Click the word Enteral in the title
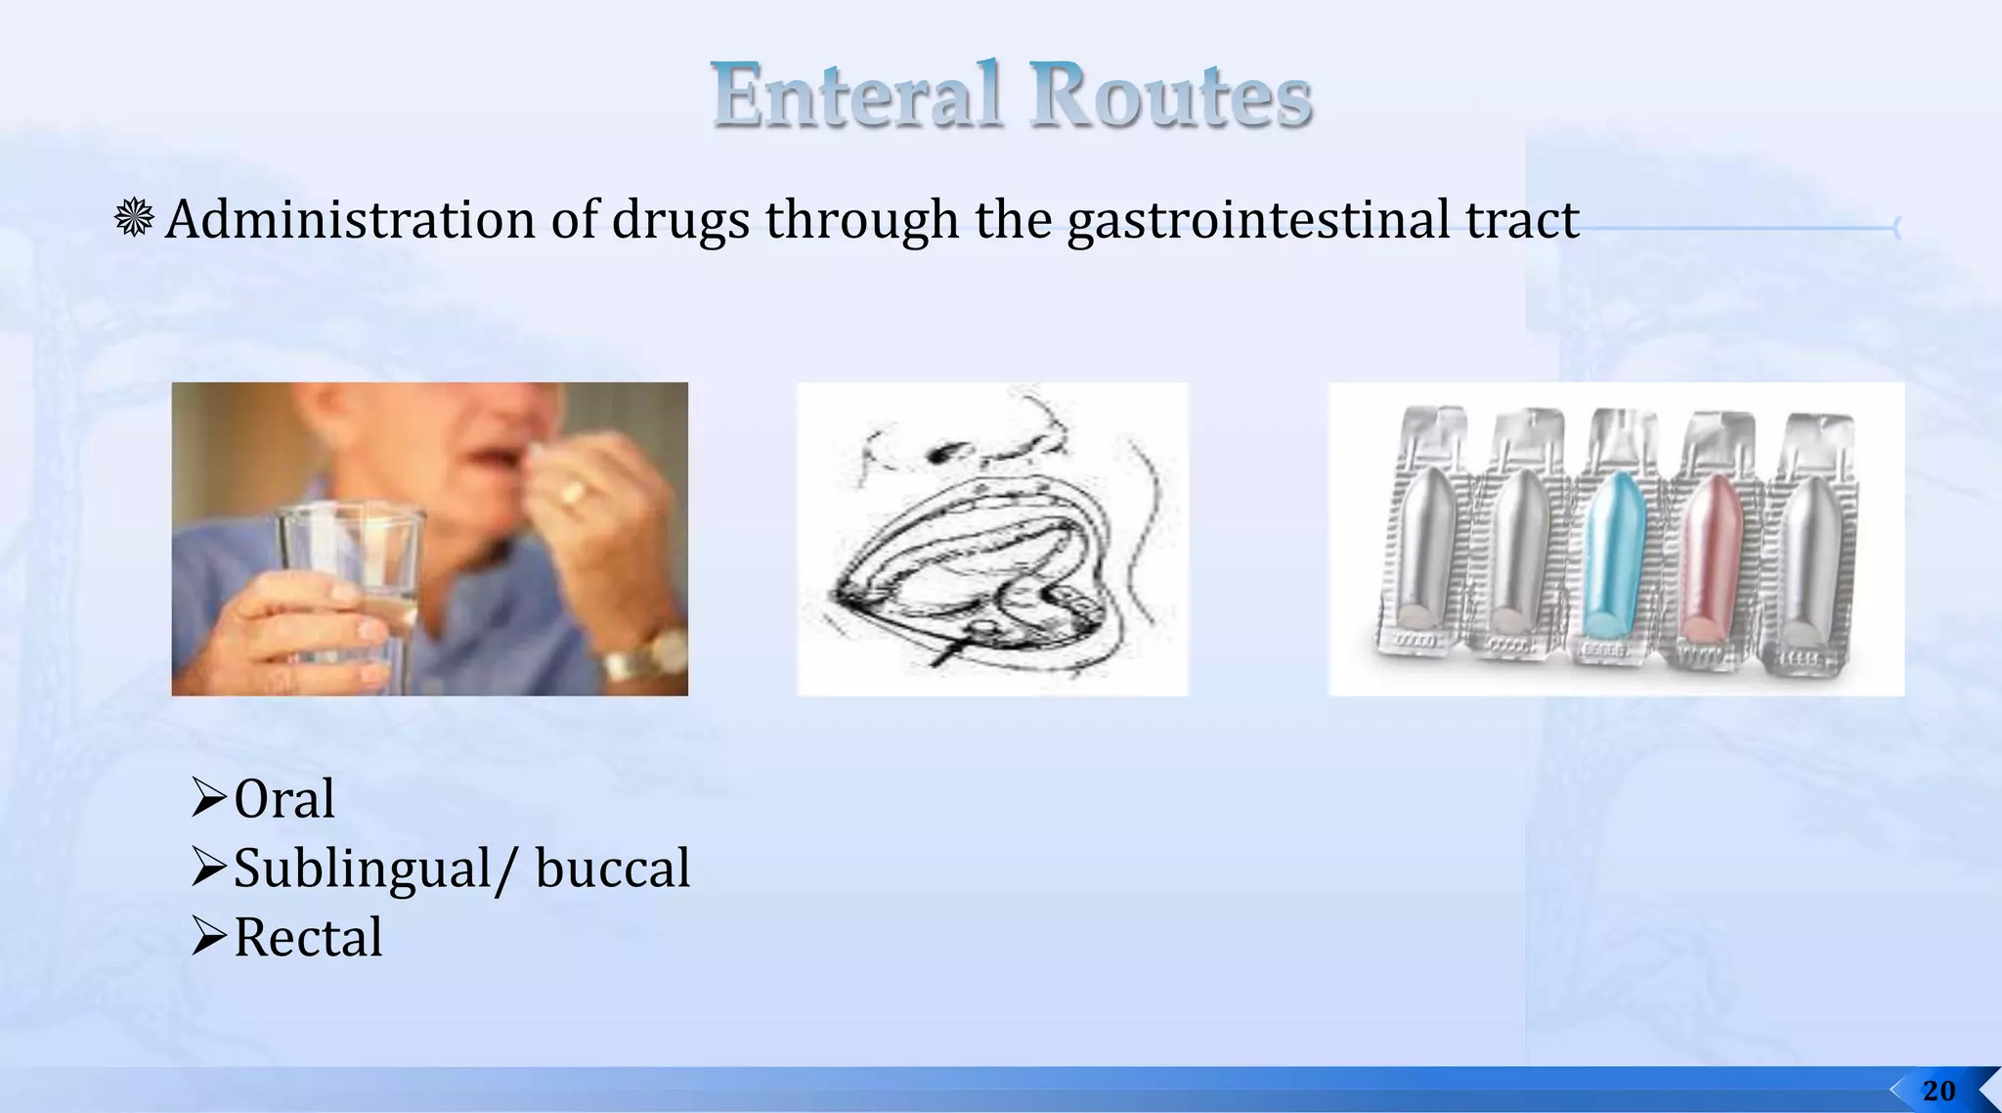pos(857,95)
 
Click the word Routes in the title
pos(1170,95)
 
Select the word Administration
pos(350,219)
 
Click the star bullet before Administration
pos(134,217)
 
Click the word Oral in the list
pos(284,799)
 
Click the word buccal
pos(613,868)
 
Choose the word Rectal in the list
pos(308,938)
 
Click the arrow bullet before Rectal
pos(209,936)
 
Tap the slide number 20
pos(1938,1091)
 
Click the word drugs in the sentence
pos(680,219)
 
